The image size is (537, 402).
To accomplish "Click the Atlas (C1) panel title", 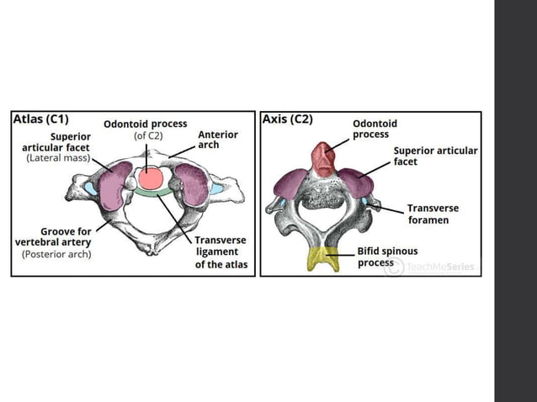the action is pyautogui.click(x=40, y=119).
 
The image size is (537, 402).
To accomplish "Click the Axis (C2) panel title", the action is pyautogui.click(x=287, y=119).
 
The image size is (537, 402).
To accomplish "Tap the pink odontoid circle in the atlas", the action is pyautogui.click(x=151, y=178).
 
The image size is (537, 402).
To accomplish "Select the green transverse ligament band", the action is pyautogui.click(x=152, y=192).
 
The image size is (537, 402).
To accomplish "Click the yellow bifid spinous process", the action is pyautogui.click(x=323, y=259).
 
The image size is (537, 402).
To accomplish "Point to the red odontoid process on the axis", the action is pyautogui.click(x=323, y=160).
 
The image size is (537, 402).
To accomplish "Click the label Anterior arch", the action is pyautogui.click(x=218, y=140).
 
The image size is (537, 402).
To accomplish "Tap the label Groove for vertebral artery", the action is pyautogui.click(x=53, y=237).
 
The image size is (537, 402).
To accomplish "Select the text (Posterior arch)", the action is pyautogui.click(x=57, y=254).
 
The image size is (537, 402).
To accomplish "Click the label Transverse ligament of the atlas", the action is pyautogui.click(x=221, y=252).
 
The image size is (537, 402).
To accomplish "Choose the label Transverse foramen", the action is pyautogui.click(x=433, y=214).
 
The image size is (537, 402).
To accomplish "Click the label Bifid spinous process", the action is pyautogui.click(x=387, y=257).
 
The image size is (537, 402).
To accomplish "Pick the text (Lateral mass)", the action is pyautogui.click(x=58, y=158).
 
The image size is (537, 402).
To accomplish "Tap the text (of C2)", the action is pyautogui.click(x=148, y=136).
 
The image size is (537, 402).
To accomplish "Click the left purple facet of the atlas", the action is pyautogui.click(x=114, y=186).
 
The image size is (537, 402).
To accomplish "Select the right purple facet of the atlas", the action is pyautogui.click(x=192, y=184).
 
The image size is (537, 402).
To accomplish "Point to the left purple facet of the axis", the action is pyautogui.click(x=290, y=184).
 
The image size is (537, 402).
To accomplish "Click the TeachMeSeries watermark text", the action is pyautogui.click(x=441, y=267).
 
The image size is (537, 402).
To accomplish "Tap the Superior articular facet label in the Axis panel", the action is pyautogui.click(x=435, y=156).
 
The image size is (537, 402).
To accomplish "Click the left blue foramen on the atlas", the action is pyautogui.click(x=91, y=188).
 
